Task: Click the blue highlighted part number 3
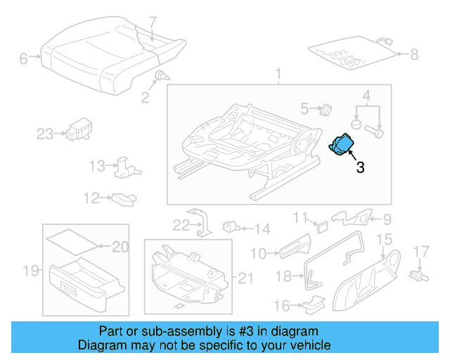342,146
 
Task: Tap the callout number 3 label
359,167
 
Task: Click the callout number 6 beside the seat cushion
23,59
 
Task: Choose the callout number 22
181,225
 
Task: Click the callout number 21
244,278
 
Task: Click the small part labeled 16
314,303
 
